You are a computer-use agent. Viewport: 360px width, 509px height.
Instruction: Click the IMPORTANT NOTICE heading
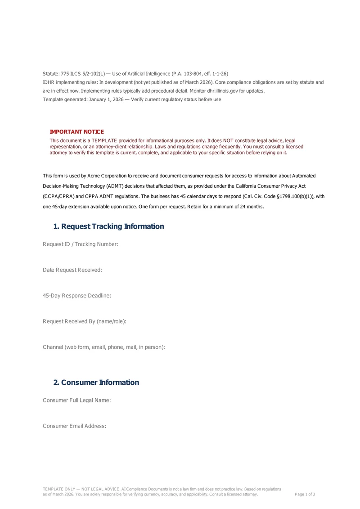76,131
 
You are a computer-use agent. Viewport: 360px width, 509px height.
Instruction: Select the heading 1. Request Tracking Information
108,226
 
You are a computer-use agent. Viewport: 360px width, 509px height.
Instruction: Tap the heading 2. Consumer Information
96,383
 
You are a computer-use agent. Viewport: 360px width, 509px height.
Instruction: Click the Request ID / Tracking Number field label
80,244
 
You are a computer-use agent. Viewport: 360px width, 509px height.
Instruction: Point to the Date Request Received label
72,270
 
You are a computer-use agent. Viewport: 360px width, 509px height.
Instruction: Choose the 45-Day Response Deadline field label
77,296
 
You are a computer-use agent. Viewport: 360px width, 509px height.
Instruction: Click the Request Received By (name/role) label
85,321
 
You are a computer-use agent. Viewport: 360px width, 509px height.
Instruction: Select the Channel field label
104,347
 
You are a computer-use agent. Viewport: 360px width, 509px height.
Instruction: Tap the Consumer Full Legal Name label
77,400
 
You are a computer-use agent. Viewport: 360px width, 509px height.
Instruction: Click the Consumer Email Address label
75,426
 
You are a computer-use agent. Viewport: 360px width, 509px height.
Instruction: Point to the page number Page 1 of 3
305,494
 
